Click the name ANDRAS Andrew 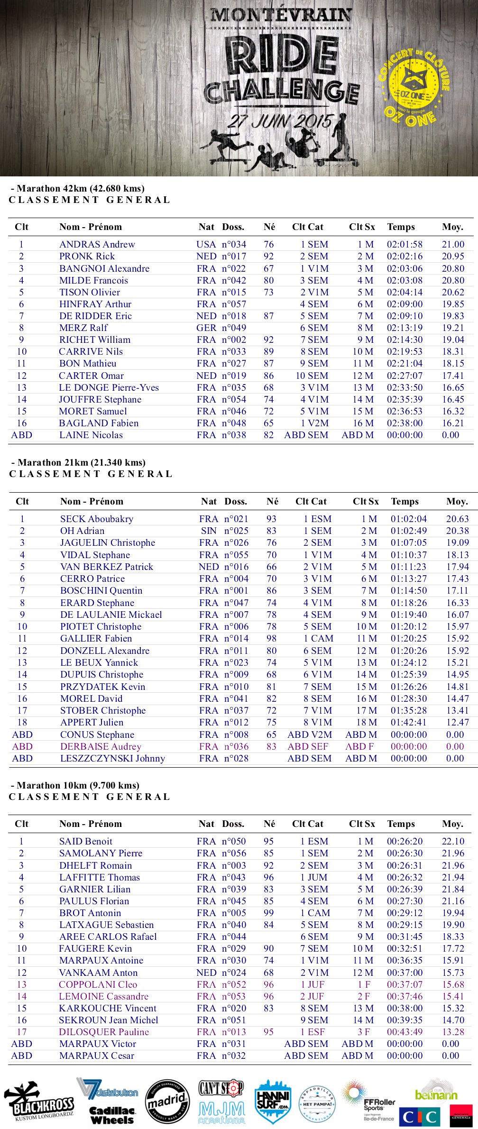(97, 245)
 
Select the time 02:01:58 (404, 245)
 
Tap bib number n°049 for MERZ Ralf (234, 328)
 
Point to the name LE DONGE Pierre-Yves (109, 388)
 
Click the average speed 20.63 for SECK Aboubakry (457, 519)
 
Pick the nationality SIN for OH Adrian (209, 531)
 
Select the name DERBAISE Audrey (101, 747)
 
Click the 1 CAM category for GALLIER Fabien (318, 639)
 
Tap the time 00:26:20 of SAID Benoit (404, 842)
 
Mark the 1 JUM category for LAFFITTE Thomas (314, 878)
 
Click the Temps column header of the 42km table (401, 227)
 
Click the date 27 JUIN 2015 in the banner (280, 121)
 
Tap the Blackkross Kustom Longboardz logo (39, 1103)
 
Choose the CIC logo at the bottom (420, 1116)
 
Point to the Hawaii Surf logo (272, 1101)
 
